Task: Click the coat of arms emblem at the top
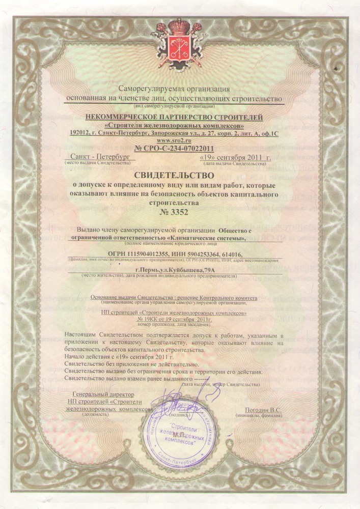[x=179, y=38]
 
